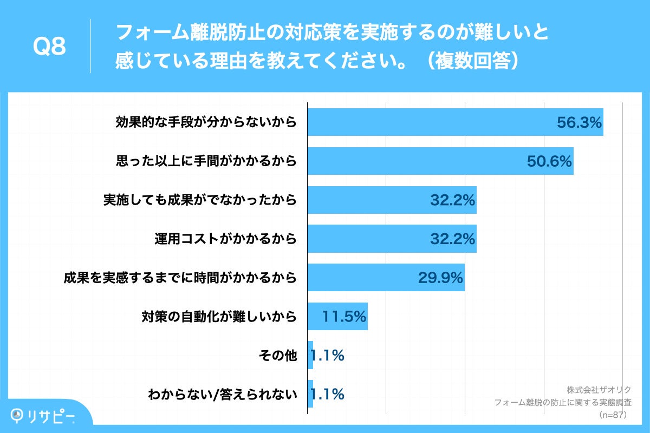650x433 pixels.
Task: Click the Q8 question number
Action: click(49, 47)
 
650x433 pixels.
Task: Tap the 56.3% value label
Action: click(579, 123)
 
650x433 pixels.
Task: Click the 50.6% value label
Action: click(549, 161)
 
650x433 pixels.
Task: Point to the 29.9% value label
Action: click(440, 278)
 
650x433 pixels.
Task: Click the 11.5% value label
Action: click(344, 317)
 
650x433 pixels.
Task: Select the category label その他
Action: click(279, 356)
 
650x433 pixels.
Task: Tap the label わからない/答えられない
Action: click(223, 395)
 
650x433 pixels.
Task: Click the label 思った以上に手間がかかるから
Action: click(206, 161)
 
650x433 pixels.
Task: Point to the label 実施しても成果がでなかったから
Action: click(200, 200)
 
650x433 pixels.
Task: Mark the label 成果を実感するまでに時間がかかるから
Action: click(180, 278)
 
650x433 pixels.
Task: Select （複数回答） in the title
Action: click(471, 61)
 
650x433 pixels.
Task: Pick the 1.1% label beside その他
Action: click(327, 356)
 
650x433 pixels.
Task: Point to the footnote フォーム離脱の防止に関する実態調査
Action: click(563, 403)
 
